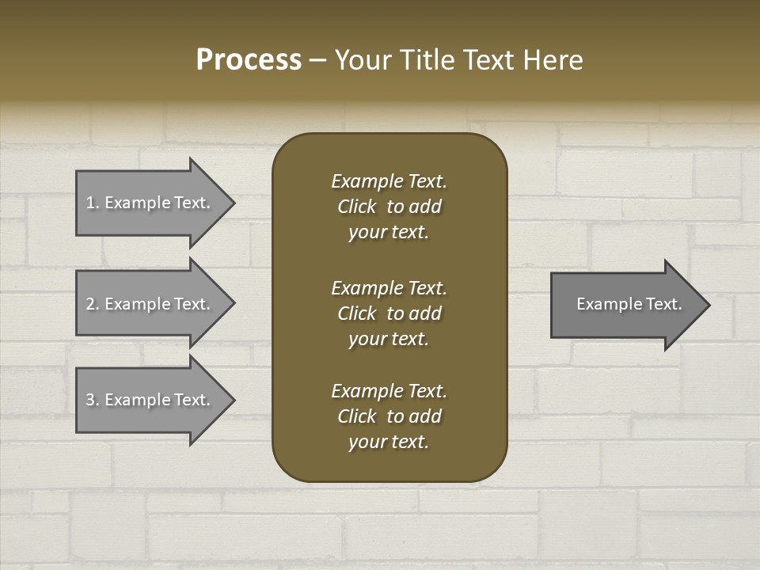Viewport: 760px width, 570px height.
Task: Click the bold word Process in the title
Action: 249,60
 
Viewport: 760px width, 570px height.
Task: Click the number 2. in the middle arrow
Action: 92,304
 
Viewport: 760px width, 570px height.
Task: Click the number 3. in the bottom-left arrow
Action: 92,400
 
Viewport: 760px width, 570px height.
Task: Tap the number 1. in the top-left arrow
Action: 92,203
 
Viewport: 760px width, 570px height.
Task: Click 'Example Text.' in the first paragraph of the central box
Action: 389,181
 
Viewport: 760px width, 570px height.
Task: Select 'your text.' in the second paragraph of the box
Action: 389,339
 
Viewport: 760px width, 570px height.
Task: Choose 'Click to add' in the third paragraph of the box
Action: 389,416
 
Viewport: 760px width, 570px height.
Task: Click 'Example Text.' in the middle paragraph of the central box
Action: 389,288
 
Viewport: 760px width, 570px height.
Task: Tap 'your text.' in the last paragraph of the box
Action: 389,442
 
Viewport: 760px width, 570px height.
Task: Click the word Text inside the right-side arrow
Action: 664,304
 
